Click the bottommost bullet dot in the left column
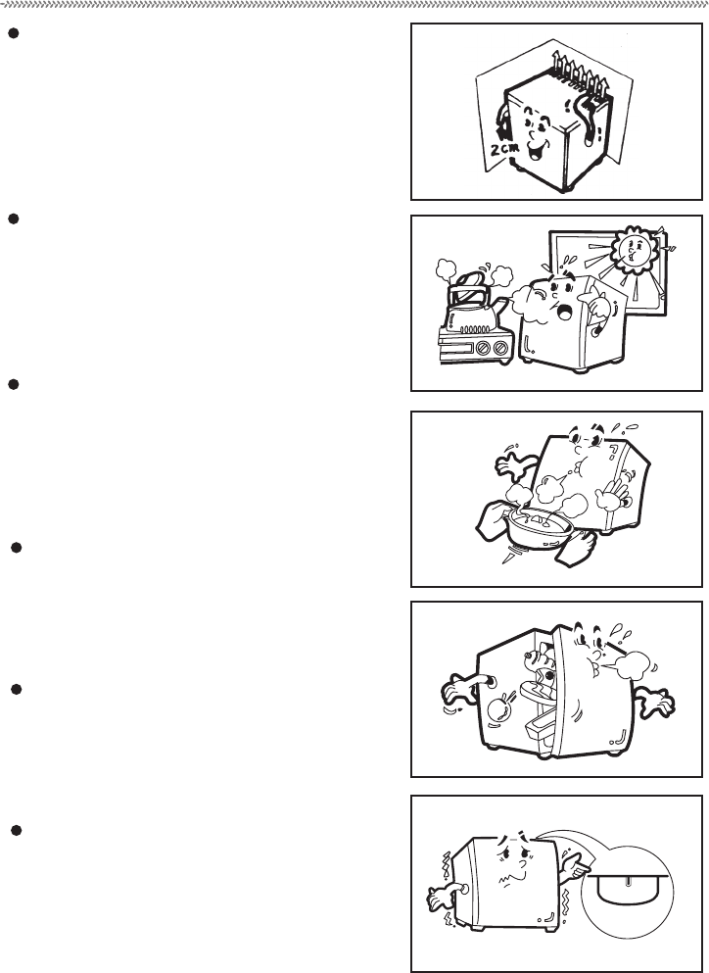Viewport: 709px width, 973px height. (13, 831)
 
